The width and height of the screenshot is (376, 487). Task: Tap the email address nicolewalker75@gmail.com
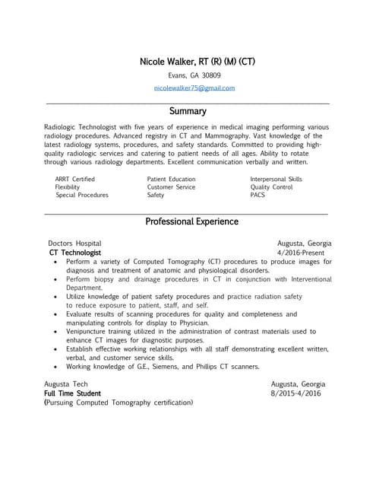[194, 88]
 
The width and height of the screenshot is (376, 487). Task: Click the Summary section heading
[188, 111]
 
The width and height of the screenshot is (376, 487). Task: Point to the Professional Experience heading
[191, 221]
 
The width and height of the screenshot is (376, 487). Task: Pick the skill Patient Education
[172, 180]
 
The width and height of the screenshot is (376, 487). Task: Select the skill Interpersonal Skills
[276, 180]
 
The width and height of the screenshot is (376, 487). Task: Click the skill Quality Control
[271, 187]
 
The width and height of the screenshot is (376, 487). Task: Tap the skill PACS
[258, 195]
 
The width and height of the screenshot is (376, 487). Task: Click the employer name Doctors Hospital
[74, 243]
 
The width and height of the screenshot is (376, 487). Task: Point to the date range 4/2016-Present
[301, 253]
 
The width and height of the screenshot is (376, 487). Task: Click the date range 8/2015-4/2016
[296, 393]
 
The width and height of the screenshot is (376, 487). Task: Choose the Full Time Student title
[72, 393]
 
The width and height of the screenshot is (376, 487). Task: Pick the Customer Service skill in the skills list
[171, 187]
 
